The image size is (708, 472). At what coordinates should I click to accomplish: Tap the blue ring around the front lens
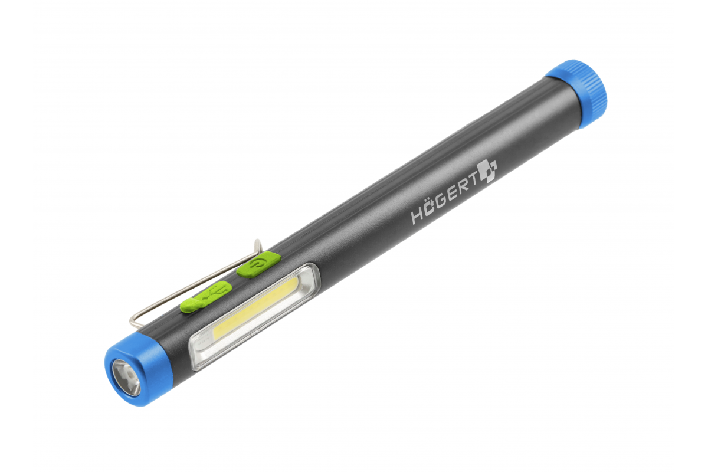pyautogui.click(x=149, y=367)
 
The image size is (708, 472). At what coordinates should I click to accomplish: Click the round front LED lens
pyautogui.click(x=126, y=377)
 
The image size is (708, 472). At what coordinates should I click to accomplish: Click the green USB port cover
pyautogui.click(x=206, y=297)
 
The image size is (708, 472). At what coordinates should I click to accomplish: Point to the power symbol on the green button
pyautogui.click(x=258, y=264)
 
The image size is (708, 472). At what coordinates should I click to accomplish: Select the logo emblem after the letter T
pyautogui.click(x=487, y=171)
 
